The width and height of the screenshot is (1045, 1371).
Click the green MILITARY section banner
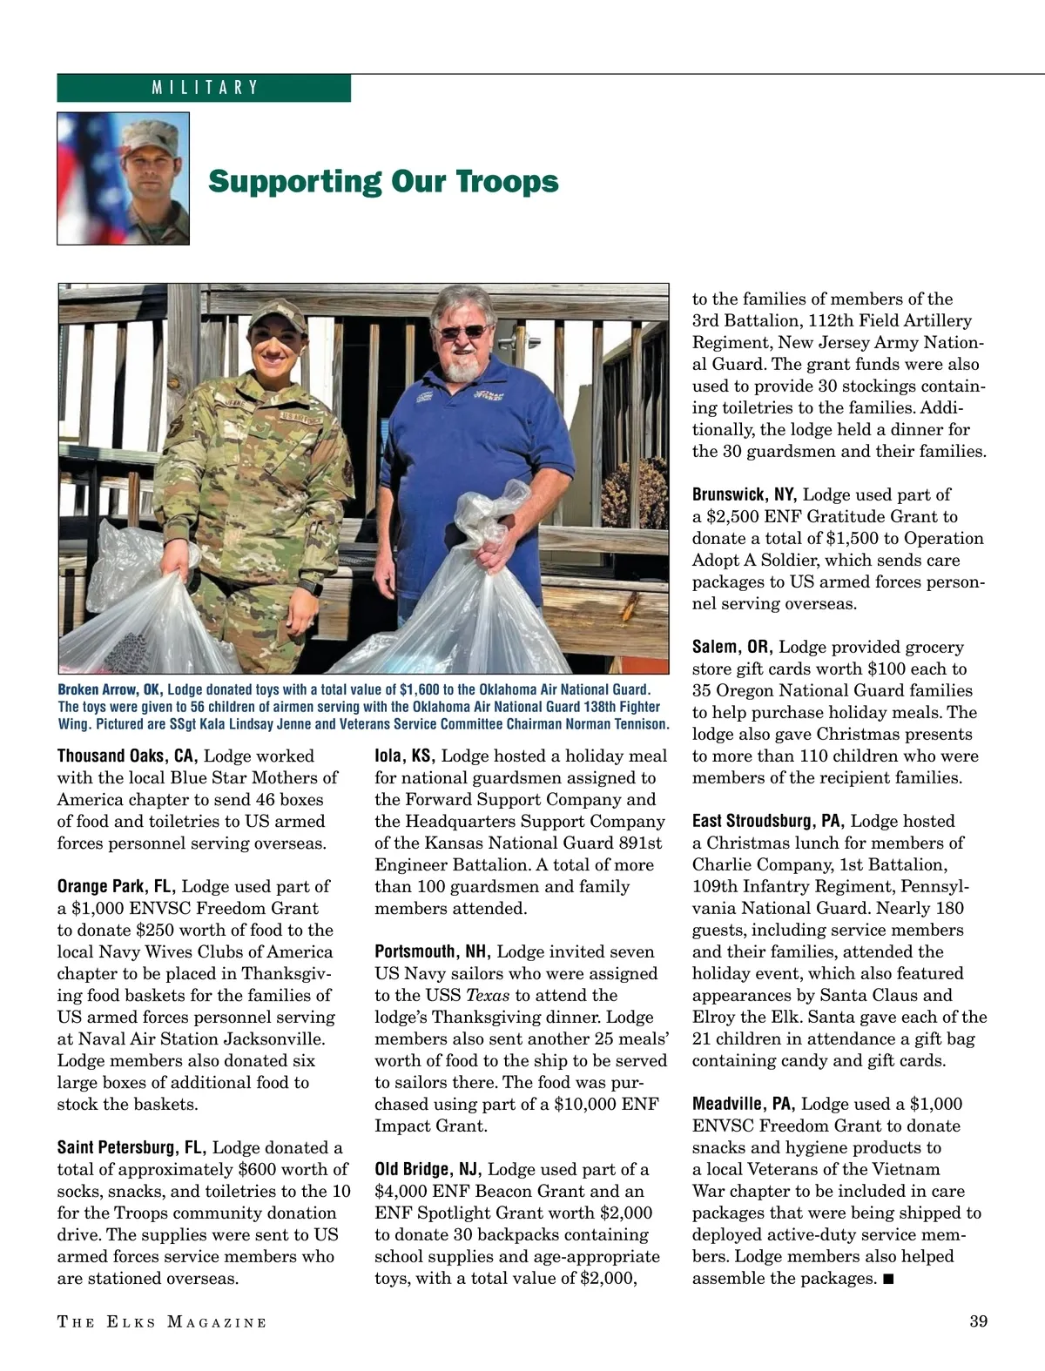tap(204, 88)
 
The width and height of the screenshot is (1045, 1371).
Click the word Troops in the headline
tap(508, 182)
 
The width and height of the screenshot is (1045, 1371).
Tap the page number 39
tap(978, 1321)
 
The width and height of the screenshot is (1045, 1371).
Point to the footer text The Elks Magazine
tap(162, 1322)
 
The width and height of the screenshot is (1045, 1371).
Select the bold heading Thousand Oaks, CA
tap(127, 756)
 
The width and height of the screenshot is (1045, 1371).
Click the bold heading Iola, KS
tap(404, 756)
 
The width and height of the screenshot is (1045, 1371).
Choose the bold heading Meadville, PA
tap(744, 1104)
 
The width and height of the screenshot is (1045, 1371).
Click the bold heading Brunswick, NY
tap(745, 494)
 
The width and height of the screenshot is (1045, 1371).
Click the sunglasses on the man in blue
tap(462, 331)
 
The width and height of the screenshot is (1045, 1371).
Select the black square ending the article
tap(887, 1279)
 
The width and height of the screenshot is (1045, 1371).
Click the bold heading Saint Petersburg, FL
tap(131, 1147)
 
